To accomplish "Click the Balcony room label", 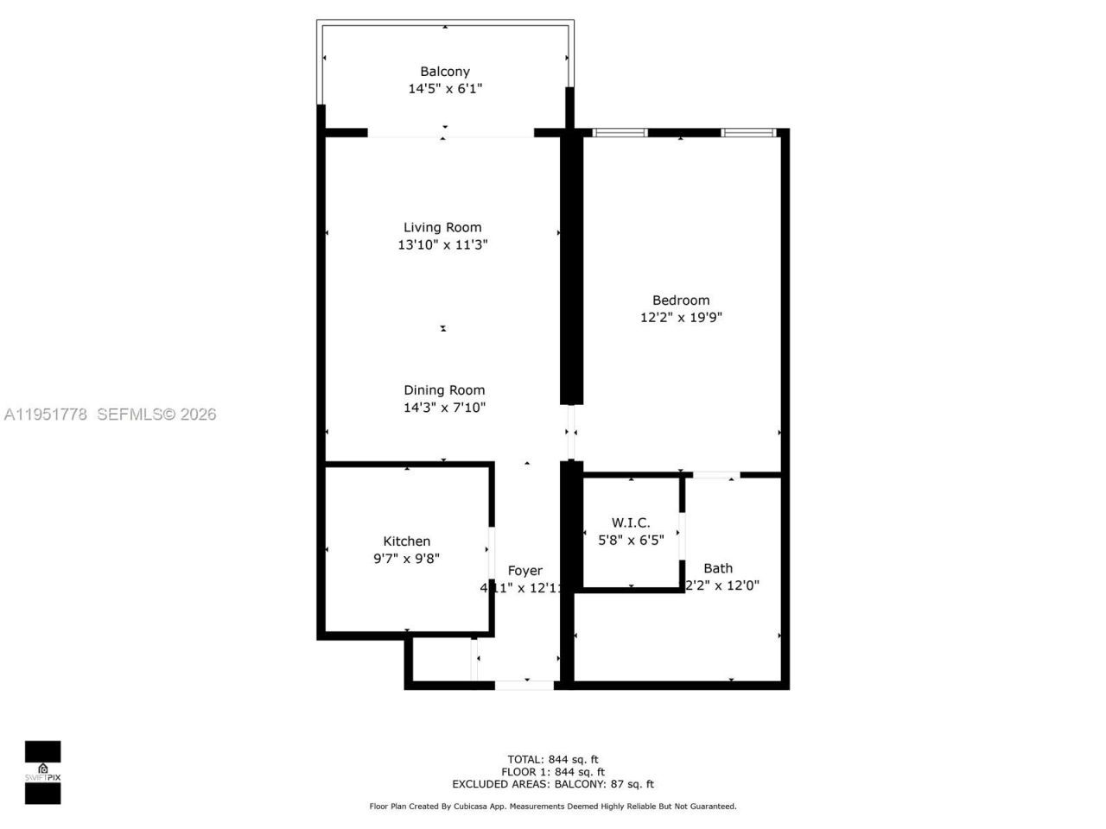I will click(x=445, y=72).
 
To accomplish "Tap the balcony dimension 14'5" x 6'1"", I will click(x=445, y=88).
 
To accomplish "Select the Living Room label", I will click(x=442, y=228).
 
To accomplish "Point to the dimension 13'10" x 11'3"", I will click(x=442, y=244).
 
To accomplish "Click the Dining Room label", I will click(x=444, y=390).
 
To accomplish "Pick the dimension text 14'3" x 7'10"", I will click(x=444, y=407).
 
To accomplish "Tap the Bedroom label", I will click(x=681, y=301).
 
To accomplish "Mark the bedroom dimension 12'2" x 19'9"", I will click(x=681, y=317).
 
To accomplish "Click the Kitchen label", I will click(x=406, y=541).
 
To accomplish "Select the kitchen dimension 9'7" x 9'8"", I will click(x=406, y=558).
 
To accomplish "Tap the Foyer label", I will click(x=524, y=571).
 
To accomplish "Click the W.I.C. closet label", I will click(x=631, y=523).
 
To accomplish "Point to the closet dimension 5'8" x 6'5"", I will click(x=631, y=540).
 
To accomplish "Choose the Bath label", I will click(x=718, y=568).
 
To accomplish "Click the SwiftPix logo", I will click(x=42, y=772).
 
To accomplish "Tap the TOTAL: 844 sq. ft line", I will click(x=553, y=760).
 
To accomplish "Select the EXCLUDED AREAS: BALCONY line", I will click(x=553, y=784).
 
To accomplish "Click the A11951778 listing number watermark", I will click(x=46, y=414).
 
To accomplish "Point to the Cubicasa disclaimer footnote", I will click(x=553, y=807).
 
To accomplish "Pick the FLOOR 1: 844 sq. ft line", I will click(x=553, y=772).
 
